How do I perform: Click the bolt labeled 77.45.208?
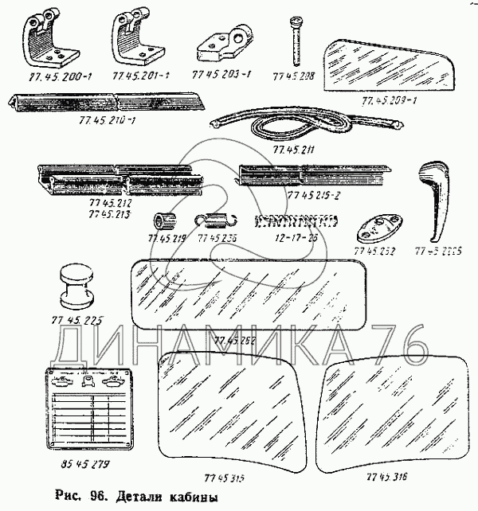297,40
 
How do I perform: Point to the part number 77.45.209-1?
390,101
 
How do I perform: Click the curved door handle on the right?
433,199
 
